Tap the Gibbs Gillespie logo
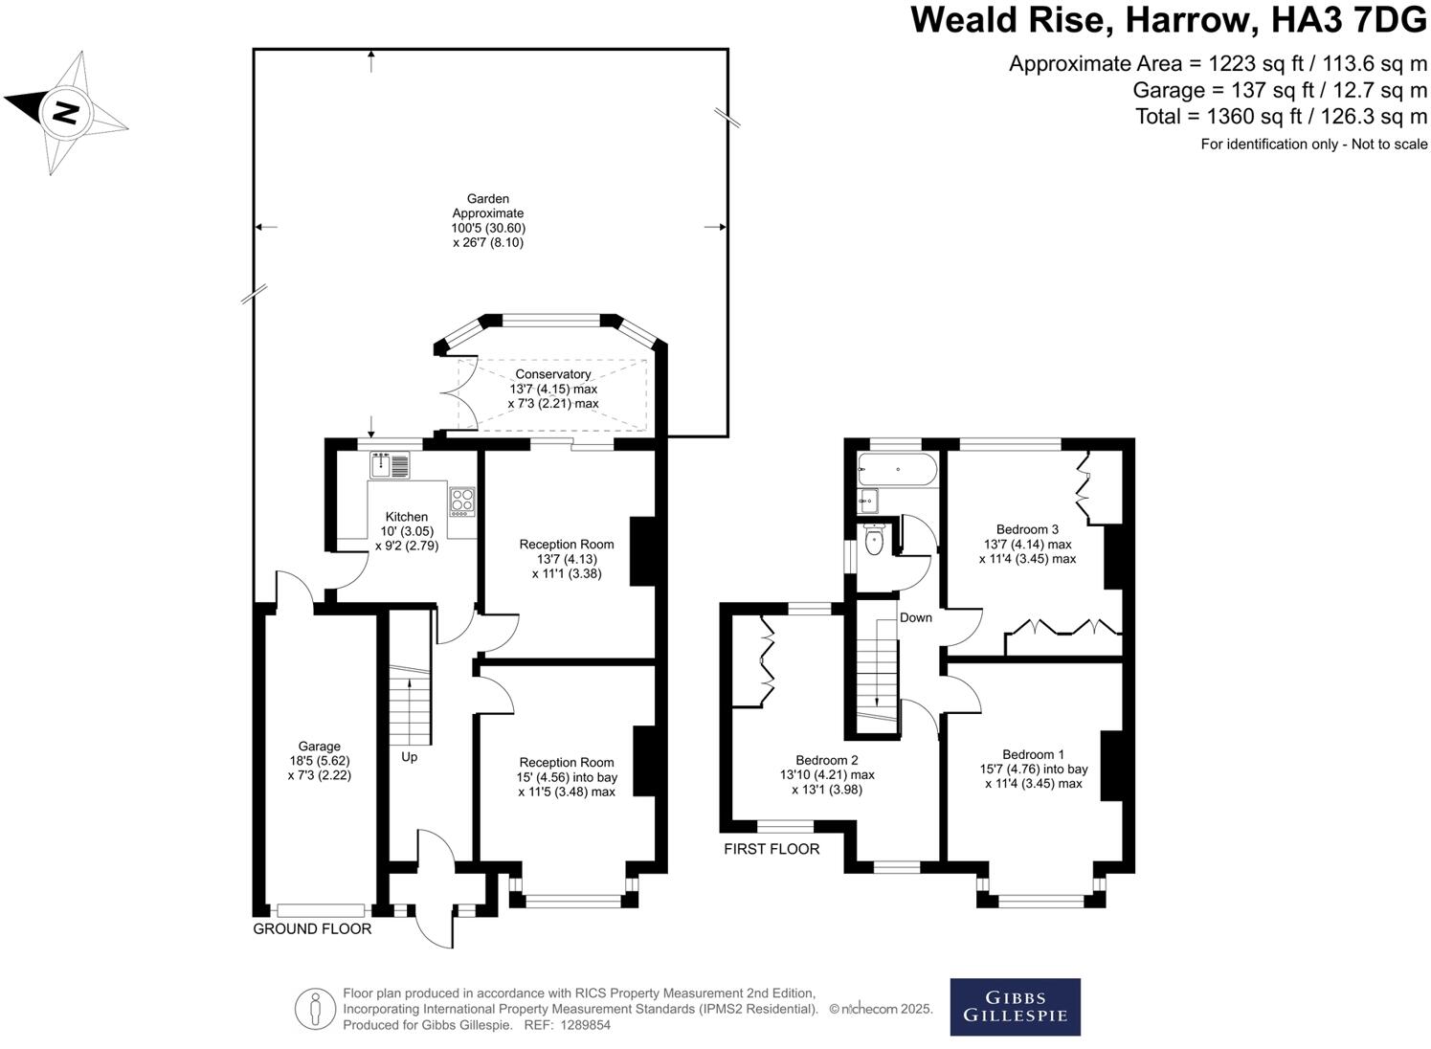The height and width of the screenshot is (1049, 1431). (1015, 1006)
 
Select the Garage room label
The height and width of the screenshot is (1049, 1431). (319, 747)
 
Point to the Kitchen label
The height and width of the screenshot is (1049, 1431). (406, 517)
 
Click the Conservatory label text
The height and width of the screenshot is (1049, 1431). (553, 374)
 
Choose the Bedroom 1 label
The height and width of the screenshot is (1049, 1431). (1034, 754)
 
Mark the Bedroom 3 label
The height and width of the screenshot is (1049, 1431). (1027, 529)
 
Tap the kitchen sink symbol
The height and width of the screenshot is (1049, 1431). (391, 465)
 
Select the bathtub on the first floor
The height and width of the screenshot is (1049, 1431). (897, 469)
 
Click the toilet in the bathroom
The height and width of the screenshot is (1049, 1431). (873, 541)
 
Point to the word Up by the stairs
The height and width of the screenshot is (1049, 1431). (410, 757)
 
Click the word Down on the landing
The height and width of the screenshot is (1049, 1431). (916, 617)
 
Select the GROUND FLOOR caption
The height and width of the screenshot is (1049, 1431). (312, 928)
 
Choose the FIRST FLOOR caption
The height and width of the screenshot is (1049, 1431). (771, 849)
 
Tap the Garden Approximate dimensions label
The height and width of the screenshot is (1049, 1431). (488, 221)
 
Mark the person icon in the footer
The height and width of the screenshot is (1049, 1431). (316, 1009)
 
